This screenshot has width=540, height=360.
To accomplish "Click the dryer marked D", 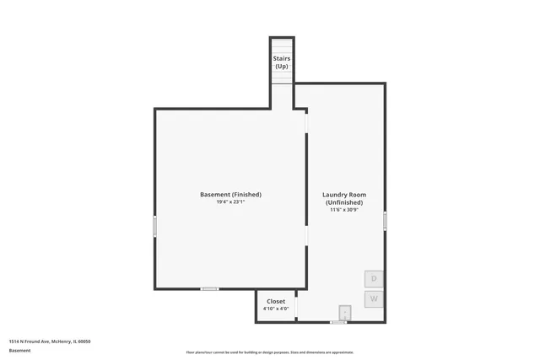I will (374, 278).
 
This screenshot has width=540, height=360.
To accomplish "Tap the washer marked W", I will (374, 299).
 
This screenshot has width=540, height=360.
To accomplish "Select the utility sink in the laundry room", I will (344, 311).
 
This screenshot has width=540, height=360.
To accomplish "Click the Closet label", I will (276, 301).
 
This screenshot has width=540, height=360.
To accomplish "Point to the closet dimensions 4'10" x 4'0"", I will (276, 309).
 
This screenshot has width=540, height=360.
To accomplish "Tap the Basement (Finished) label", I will (230, 195).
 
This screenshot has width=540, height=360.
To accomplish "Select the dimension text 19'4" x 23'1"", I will (230, 201).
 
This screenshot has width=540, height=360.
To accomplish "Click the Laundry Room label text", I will (343, 195).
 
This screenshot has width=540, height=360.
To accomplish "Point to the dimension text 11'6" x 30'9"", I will (343, 209).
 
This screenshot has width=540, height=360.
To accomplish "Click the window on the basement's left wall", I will (154, 226).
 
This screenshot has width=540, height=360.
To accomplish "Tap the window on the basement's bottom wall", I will (209, 289).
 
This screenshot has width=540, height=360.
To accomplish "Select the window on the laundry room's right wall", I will (385, 221).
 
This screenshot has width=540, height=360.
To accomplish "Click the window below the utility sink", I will (338, 322).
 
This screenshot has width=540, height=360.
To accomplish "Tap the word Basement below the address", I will (19, 350).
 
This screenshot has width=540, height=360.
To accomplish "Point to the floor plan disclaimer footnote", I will (270, 352).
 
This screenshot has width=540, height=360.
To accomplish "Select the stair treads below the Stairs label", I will (282, 77).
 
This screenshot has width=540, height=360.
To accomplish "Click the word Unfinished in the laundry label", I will (343, 202).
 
